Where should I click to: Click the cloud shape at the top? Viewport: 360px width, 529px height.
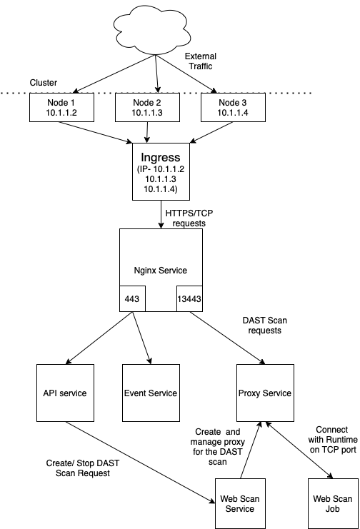tap(151, 31)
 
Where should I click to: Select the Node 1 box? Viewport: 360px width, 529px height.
tap(62, 107)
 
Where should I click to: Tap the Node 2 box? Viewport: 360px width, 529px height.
tap(147, 107)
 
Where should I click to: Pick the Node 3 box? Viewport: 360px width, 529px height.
tap(233, 107)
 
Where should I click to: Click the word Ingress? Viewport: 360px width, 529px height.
tap(161, 158)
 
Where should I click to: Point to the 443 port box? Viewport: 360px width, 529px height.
tap(132, 299)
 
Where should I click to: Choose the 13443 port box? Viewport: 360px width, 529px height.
tap(189, 299)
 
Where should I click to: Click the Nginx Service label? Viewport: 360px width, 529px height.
tap(161, 271)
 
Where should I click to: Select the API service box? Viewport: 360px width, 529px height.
tap(65, 393)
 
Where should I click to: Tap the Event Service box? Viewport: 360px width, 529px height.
tap(151, 393)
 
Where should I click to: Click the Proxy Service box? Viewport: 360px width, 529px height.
tap(265, 393)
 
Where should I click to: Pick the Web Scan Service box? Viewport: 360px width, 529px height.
tap(240, 503)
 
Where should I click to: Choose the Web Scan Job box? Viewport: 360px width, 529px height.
tap(333, 503)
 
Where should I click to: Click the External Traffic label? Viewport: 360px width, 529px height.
tap(201, 61)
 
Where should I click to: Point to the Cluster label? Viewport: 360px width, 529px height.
tap(44, 83)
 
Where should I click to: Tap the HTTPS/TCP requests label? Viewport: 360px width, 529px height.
tap(189, 218)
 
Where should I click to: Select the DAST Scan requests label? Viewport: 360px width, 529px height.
tap(265, 326)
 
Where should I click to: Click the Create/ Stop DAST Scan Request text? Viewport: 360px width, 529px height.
tap(83, 468)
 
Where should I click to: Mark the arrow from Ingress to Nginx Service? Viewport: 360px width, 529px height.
tap(161, 215)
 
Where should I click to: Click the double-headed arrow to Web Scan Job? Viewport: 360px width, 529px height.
tap(299, 450)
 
